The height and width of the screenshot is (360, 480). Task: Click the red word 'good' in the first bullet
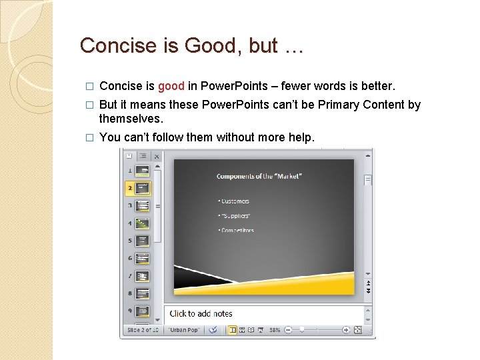click(171, 86)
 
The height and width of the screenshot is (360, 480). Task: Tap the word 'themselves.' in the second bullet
click(131, 118)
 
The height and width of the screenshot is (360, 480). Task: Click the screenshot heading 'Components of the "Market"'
click(259, 176)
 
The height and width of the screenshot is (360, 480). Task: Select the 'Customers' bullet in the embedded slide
click(234, 201)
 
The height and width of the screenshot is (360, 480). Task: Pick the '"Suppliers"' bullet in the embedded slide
click(234, 215)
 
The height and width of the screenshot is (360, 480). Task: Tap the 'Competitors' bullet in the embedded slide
click(237, 230)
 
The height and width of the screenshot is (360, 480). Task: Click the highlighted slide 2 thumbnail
click(142, 188)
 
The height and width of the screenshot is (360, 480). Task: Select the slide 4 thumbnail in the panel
click(142, 223)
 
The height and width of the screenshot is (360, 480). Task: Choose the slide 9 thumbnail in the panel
click(142, 311)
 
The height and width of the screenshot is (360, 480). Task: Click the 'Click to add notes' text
click(201, 313)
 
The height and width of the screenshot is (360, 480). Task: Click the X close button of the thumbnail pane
click(157, 156)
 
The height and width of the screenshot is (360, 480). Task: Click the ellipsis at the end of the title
click(293, 46)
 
